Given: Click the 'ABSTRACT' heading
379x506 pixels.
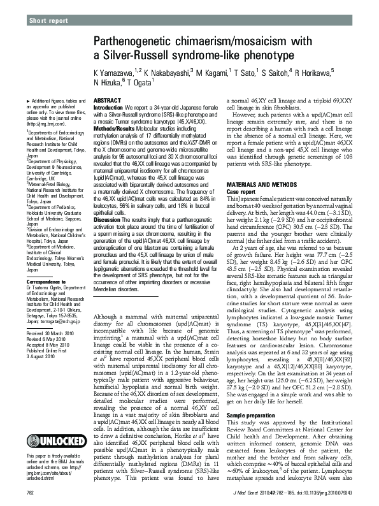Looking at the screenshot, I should click(106, 101).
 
